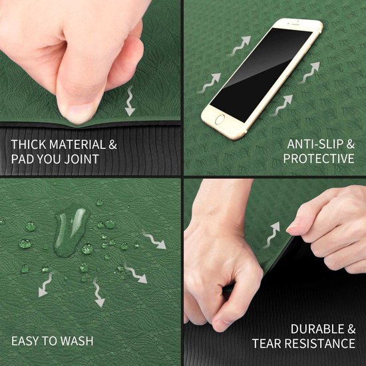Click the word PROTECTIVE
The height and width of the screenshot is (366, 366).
pos(319,159)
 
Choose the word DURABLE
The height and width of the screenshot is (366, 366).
pos(317,329)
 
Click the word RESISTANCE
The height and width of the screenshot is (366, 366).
pos(320,343)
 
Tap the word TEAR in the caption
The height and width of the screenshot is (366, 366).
pos(267,343)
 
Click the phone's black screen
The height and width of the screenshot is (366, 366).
pos(261,75)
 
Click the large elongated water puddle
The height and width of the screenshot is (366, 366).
pos(71,232)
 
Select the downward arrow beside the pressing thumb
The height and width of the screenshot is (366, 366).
pos(130,101)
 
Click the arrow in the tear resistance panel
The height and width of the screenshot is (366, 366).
pos(272,235)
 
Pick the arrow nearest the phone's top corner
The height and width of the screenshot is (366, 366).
pos(240,45)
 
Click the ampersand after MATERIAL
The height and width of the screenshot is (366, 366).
pos(112,144)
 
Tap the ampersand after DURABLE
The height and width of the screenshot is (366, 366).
pos(351,329)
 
